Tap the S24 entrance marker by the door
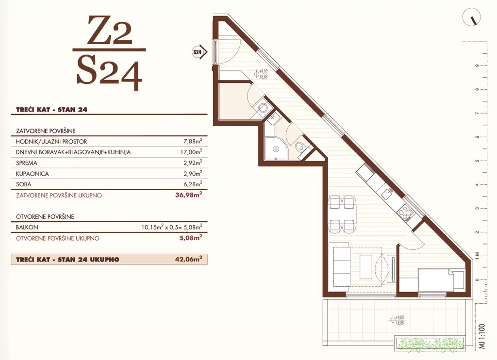pyautogui.click(x=199, y=52)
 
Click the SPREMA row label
pyautogui.click(x=27, y=163)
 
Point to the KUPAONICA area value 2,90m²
pyautogui.click(x=193, y=173)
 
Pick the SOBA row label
pyautogui.click(x=23, y=184)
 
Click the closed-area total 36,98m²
pyautogui.click(x=189, y=195)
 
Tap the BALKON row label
pyautogui.click(x=27, y=227)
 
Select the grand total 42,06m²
pyautogui.click(x=189, y=259)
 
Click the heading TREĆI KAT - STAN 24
pyautogui.click(x=51, y=110)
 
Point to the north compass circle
pyautogui.click(x=472, y=17)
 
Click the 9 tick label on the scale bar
pyautogui.click(x=477, y=66)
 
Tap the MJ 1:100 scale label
pyautogui.click(x=482, y=336)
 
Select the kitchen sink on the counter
pyautogui.click(x=386, y=193)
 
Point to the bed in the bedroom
pyautogui.click(x=441, y=280)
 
